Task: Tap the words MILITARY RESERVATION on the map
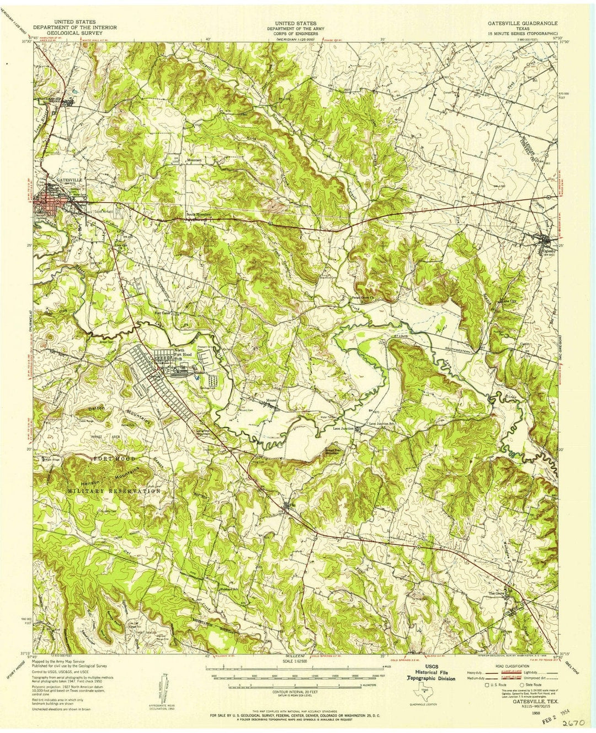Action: pos(115,491)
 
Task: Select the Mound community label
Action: pos(271,399)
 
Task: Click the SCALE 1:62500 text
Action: pos(297,662)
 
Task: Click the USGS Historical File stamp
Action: pos(432,673)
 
